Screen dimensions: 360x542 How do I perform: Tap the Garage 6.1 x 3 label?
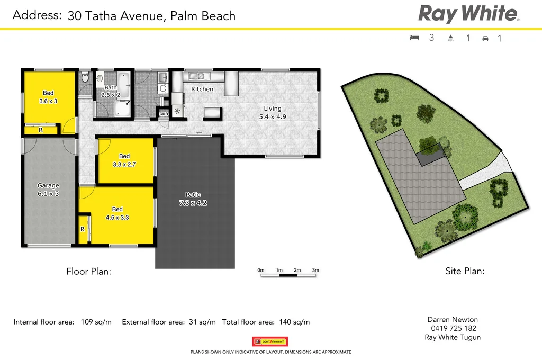point(48,190)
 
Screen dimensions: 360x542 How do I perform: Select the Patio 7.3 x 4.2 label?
point(193,199)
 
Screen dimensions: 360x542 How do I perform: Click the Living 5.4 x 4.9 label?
point(273,113)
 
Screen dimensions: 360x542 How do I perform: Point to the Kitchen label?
point(202,89)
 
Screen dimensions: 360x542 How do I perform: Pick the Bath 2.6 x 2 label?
point(111,91)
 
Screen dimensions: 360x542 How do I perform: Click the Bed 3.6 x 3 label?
point(48,97)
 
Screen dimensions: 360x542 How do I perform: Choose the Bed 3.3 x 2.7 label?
point(124,160)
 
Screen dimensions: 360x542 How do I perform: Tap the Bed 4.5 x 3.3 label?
point(118,213)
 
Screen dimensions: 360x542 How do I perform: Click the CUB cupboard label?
point(164,114)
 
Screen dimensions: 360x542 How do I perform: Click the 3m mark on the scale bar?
point(315,271)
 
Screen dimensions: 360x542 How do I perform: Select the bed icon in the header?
point(414,38)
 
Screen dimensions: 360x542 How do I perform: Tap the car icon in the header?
point(485,38)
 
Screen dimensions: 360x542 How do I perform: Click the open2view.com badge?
point(270,341)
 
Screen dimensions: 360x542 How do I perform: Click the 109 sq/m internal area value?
point(96,322)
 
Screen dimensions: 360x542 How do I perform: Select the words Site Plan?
point(465,272)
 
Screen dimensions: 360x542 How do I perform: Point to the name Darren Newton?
point(453,319)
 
